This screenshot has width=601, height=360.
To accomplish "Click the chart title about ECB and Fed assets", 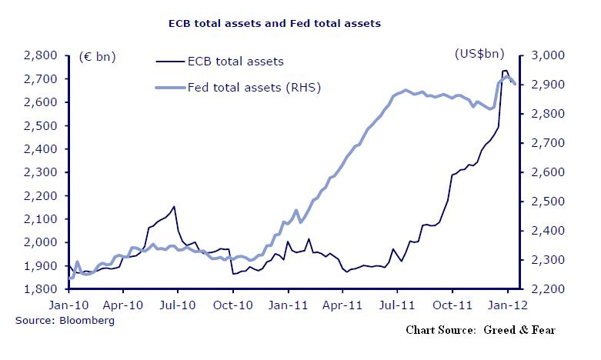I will tap(275, 23).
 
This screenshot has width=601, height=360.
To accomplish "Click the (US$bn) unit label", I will tap(479, 55).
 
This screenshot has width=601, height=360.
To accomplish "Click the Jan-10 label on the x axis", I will tap(69, 305).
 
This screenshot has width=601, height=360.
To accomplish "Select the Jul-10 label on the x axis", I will tap(178, 305).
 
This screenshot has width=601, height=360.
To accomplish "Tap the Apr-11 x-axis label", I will tap(342, 305).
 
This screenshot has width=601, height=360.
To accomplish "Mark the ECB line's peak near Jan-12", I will tap(505, 71).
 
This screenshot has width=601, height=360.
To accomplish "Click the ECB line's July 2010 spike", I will tap(175, 206).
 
